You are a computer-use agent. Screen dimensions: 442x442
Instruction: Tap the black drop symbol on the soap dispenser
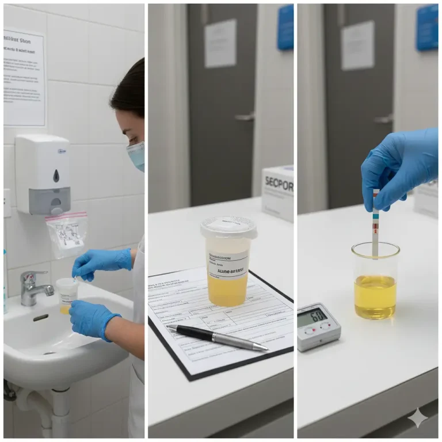pyautogui.click(x=56, y=176)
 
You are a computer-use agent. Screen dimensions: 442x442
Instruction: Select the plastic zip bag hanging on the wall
pyautogui.click(x=67, y=233)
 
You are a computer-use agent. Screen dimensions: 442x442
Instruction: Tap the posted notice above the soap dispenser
pyautogui.click(x=24, y=78)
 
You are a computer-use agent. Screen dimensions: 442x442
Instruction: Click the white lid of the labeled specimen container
pyautogui.click(x=229, y=227)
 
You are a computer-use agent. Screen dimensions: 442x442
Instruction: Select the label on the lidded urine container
pyautogui.click(x=228, y=264)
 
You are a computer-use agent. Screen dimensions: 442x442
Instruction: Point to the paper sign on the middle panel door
pyautogui.click(x=221, y=43)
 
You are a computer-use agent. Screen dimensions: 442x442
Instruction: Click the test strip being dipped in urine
pyautogui.click(x=375, y=224)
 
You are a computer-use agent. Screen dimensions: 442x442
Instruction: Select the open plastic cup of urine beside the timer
pyautogui.click(x=375, y=282)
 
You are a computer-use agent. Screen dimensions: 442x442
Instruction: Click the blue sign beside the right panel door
pyautogui.click(x=427, y=26)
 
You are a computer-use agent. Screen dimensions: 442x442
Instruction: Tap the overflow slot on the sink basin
pyautogui.click(x=41, y=317)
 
